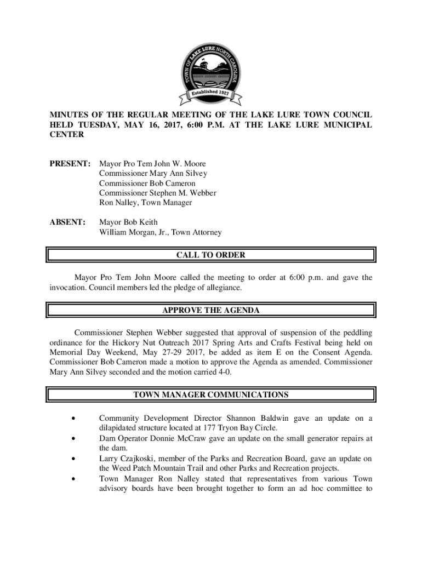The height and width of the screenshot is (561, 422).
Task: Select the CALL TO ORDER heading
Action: pos(211,255)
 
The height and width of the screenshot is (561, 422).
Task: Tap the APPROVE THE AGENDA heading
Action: pos(211,310)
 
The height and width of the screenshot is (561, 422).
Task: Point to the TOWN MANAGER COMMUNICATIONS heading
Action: pos(211,394)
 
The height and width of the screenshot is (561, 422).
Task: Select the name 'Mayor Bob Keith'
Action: pos(128,222)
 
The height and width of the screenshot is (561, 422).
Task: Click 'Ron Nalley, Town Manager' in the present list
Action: pos(145,203)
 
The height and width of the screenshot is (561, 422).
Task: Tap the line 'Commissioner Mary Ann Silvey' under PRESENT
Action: pos(153,173)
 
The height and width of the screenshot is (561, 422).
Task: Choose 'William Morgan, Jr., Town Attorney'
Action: pos(161,232)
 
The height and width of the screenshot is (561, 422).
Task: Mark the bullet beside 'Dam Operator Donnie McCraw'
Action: pos(73,438)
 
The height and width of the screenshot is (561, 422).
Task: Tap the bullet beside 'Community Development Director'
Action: pos(73,419)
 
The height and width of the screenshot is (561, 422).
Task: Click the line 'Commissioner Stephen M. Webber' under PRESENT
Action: pos(158,193)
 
